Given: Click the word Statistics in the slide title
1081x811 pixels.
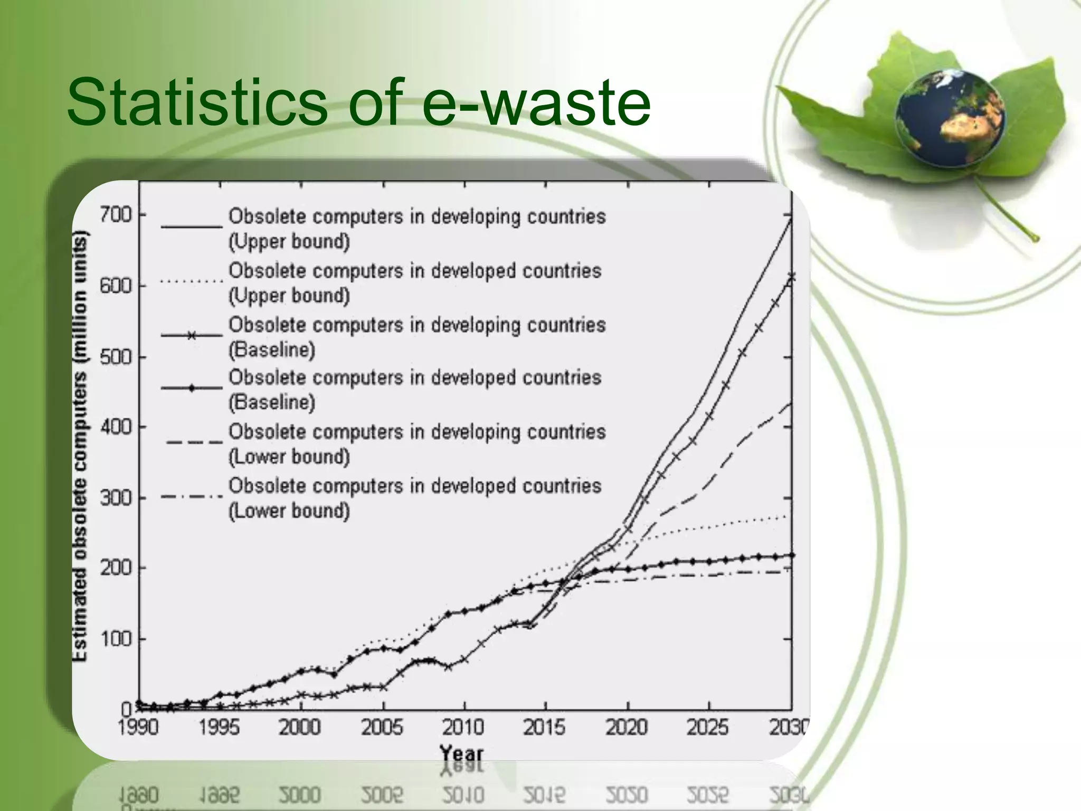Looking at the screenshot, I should pyautogui.click(x=196, y=101).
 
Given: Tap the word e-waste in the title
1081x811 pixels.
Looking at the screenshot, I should pyautogui.click(x=537, y=101).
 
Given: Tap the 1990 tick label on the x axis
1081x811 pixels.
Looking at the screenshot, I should pyautogui.click(x=138, y=728).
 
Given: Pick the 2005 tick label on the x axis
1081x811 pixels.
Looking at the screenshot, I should pyautogui.click(x=382, y=728).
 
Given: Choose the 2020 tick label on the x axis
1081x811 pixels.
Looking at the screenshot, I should pyautogui.click(x=627, y=728).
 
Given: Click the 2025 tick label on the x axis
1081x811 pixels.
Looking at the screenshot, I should pyautogui.click(x=708, y=728).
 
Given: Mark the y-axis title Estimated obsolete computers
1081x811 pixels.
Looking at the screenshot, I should pyautogui.click(x=80, y=446).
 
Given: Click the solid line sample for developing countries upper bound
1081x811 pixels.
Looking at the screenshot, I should pyautogui.click(x=192, y=227).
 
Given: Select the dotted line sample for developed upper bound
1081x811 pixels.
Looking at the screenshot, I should pyautogui.click(x=192, y=281).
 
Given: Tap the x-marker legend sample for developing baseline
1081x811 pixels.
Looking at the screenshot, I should pyautogui.click(x=192, y=335).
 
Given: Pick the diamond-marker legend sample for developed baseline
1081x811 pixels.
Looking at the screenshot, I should pyautogui.click(x=192, y=388).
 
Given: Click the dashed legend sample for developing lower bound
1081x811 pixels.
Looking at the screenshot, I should pyautogui.click(x=194, y=442).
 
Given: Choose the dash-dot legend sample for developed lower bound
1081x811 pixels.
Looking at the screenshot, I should pyautogui.click(x=192, y=496).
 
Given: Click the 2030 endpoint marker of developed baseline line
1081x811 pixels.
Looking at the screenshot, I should pyautogui.click(x=791, y=555).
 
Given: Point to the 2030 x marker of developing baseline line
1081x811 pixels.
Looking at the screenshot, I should pyautogui.click(x=791, y=277).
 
